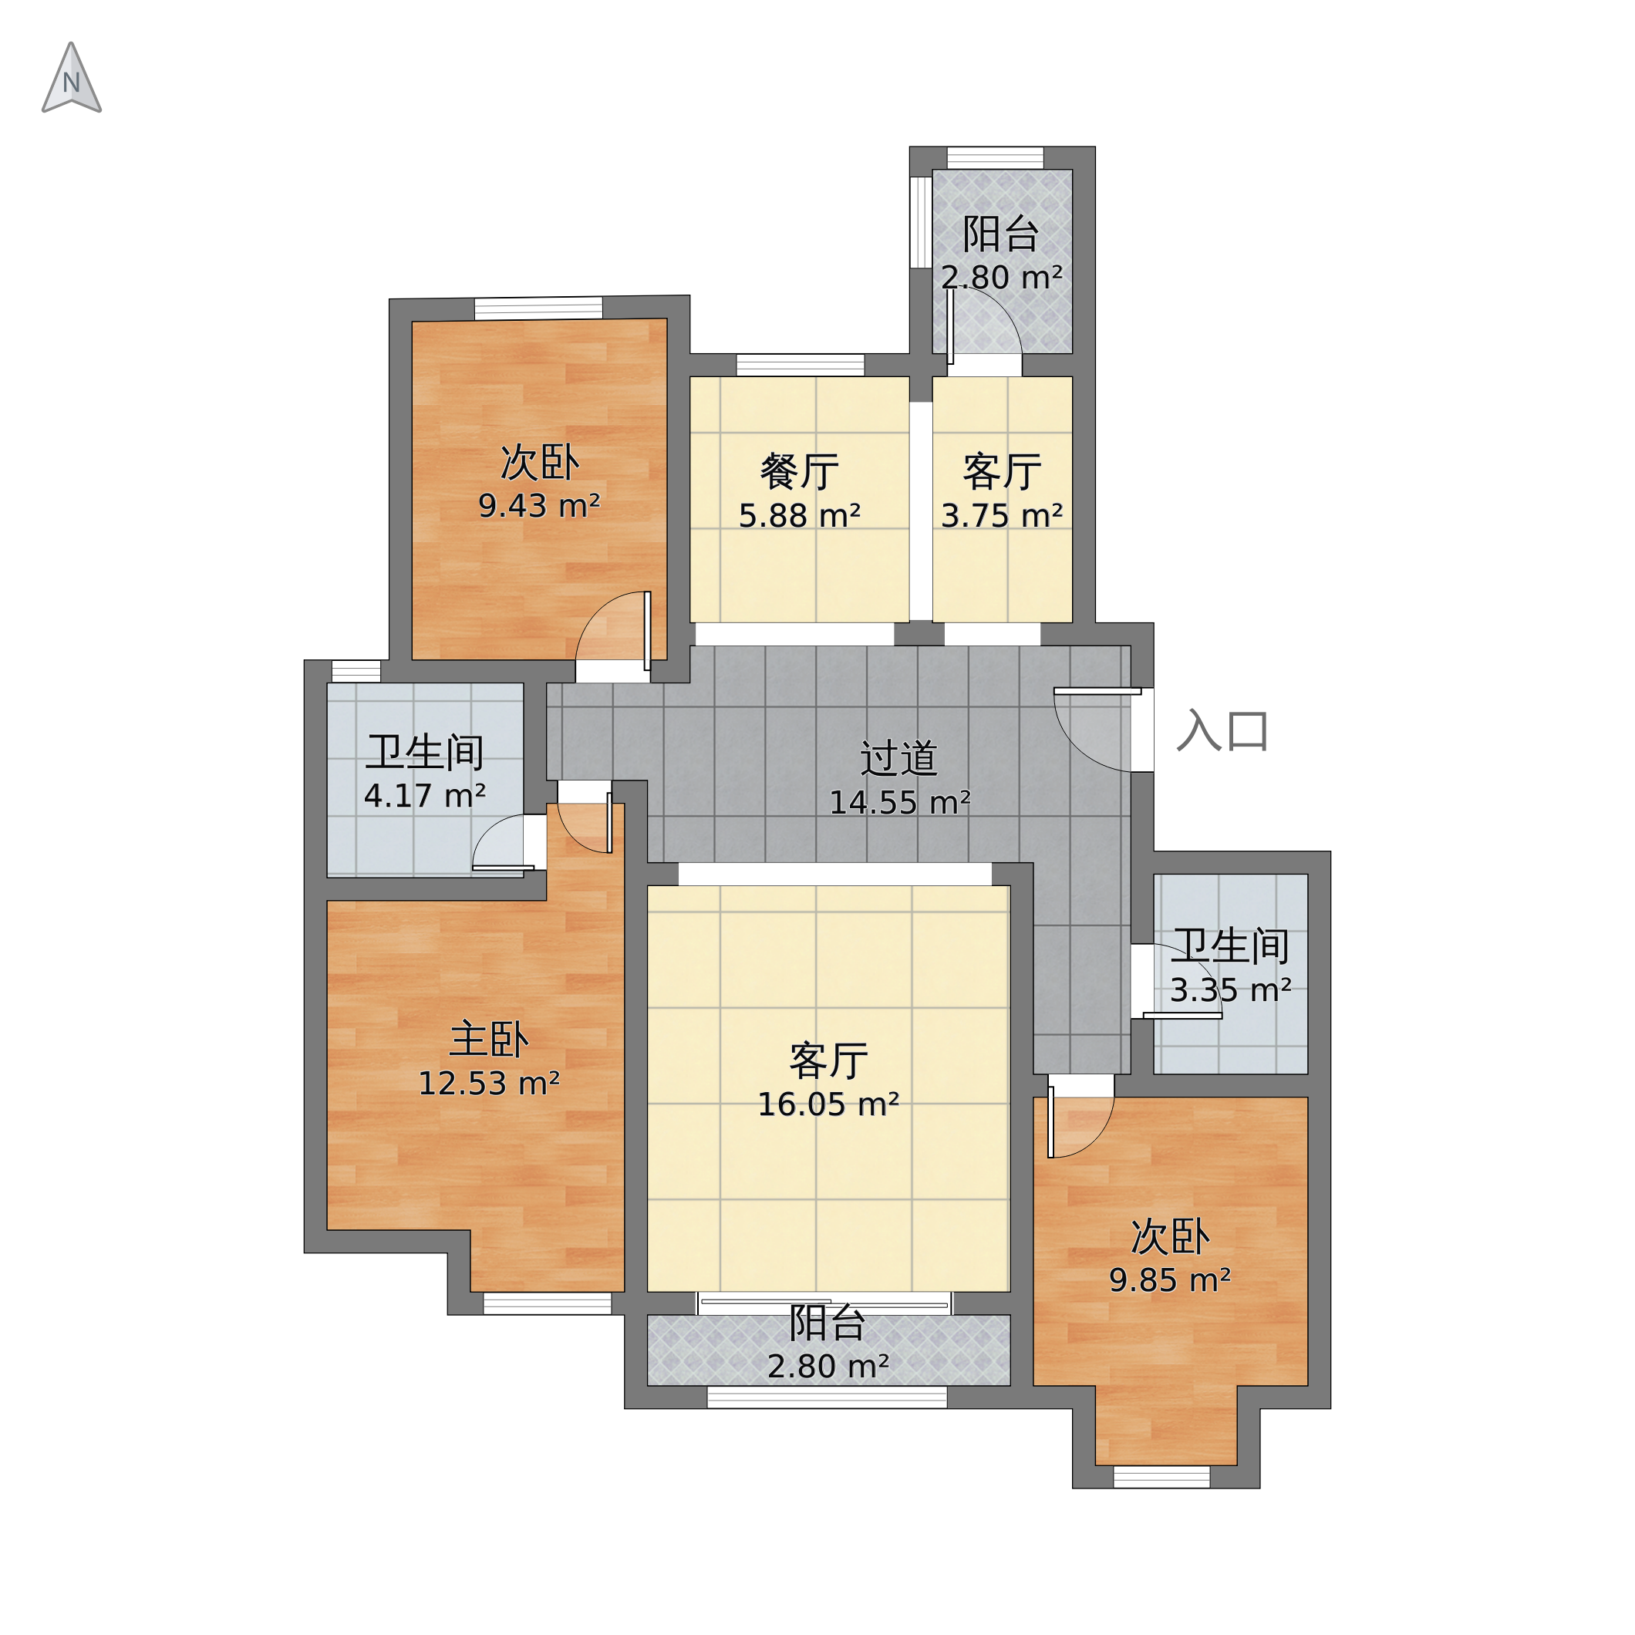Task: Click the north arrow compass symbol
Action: (72, 78)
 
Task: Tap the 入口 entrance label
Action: (1223, 731)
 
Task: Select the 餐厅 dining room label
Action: (800, 472)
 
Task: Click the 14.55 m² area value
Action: (899, 803)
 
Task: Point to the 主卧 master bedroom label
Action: (489, 1039)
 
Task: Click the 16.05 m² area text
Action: (828, 1104)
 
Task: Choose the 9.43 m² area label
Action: (540, 506)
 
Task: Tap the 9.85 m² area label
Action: (1171, 1280)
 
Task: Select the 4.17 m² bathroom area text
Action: (425, 797)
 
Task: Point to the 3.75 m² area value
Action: (1002, 516)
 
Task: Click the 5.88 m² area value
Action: (800, 516)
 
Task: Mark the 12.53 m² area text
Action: (489, 1084)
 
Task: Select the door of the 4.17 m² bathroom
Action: (503, 842)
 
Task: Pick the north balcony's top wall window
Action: (995, 158)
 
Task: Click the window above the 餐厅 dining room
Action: (801, 365)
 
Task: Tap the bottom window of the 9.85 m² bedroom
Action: (1162, 1478)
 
